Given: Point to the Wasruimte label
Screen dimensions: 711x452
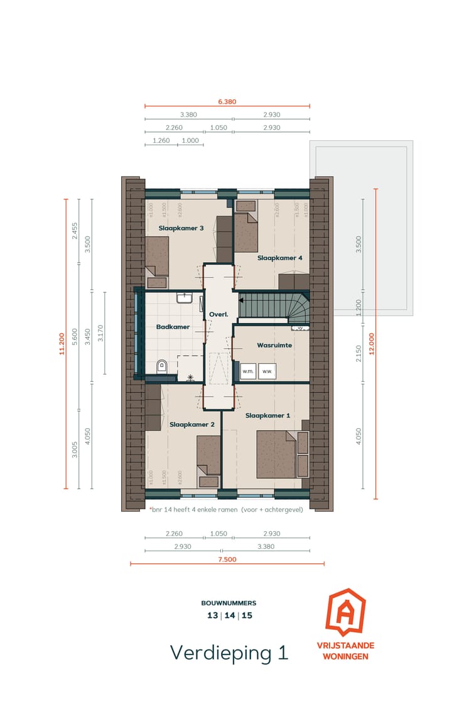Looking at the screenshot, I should click(x=274, y=345).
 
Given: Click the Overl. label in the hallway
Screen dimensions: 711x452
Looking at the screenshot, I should click(x=217, y=314).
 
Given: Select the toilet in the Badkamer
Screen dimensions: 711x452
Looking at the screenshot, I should click(x=161, y=366).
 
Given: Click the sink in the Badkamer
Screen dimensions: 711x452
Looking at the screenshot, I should click(x=185, y=297).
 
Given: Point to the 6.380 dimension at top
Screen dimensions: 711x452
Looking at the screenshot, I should click(x=227, y=101).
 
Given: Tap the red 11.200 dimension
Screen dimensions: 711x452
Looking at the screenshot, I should click(x=62, y=343).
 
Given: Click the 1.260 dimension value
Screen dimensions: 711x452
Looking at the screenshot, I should click(x=161, y=141).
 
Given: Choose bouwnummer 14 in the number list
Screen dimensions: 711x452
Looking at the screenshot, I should click(x=229, y=615).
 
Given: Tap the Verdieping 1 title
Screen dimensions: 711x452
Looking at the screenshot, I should click(x=229, y=653).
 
